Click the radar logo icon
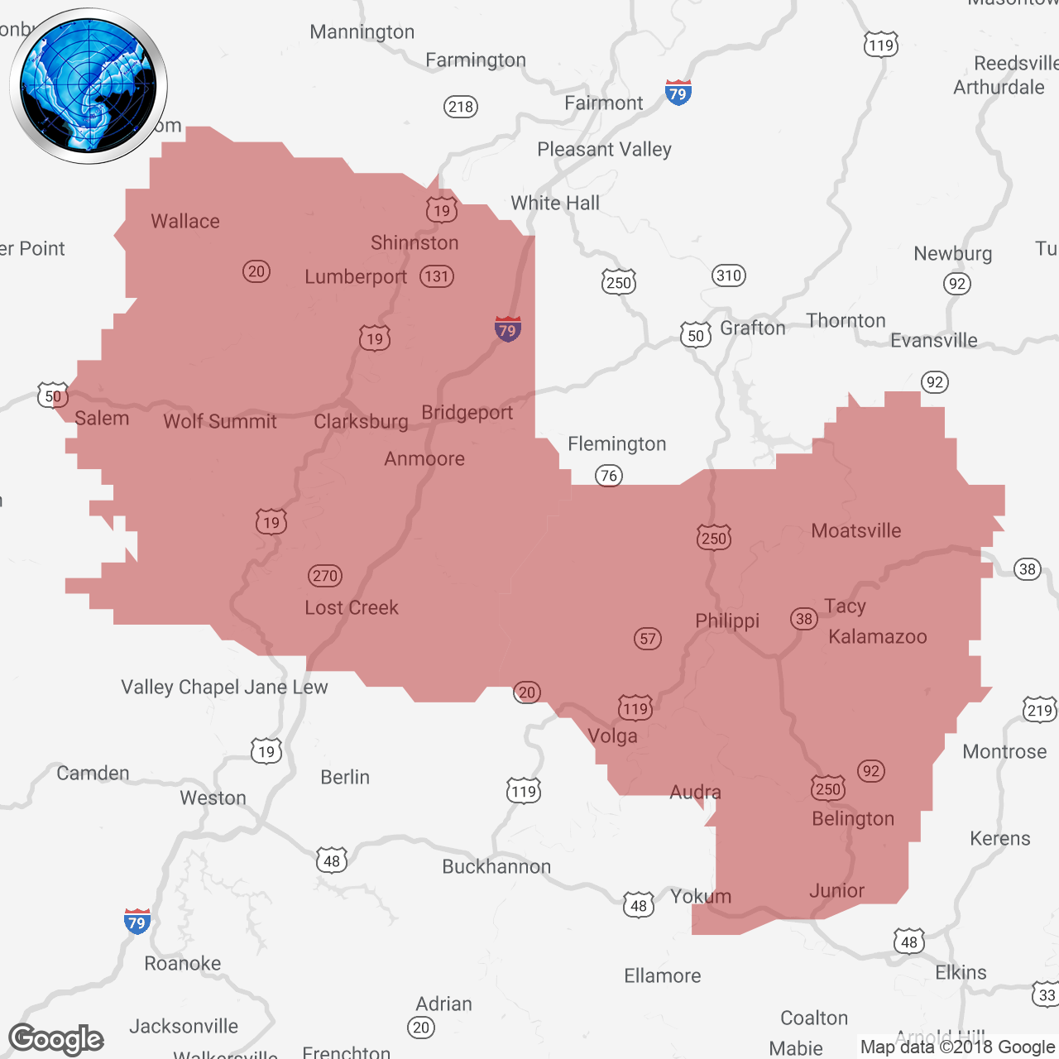point(89,86)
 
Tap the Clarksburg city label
point(361,422)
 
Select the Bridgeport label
point(467,412)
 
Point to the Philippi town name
point(727,621)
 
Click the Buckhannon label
point(496,866)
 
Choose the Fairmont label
point(603,103)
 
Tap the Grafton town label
point(752,328)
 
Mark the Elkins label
point(961,972)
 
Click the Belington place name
point(853,818)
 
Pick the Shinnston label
point(414,242)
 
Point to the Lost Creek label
point(352,607)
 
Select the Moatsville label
point(856,530)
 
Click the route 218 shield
point(461,106)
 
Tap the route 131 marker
point(437,276)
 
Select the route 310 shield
point(729,276)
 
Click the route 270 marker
point(325,576)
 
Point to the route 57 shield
point(648,638)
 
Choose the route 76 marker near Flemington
point(609,476)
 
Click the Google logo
point(56,1039)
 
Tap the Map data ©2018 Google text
point(957,1047)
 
